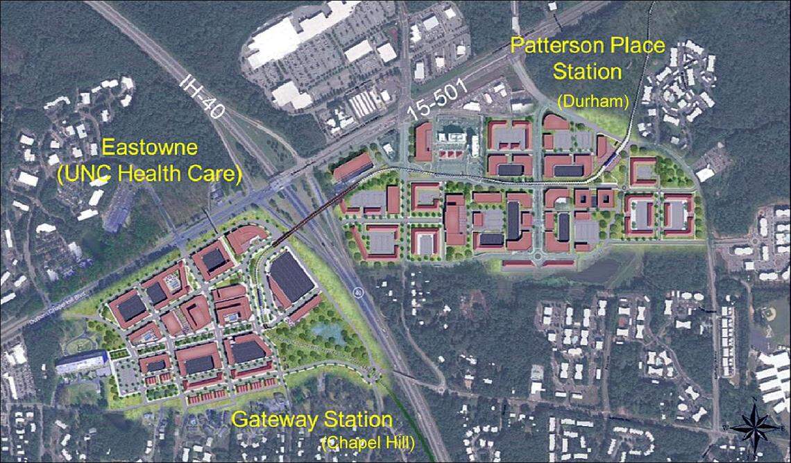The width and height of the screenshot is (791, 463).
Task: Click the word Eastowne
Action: click(149, 147)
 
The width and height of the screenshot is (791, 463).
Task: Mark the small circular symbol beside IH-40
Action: click(357, 292)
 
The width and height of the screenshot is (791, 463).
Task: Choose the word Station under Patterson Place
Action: click(587, 71)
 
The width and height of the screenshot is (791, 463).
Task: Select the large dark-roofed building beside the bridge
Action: click(291, 276)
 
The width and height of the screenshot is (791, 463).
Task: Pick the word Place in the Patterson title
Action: click(634, 48)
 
